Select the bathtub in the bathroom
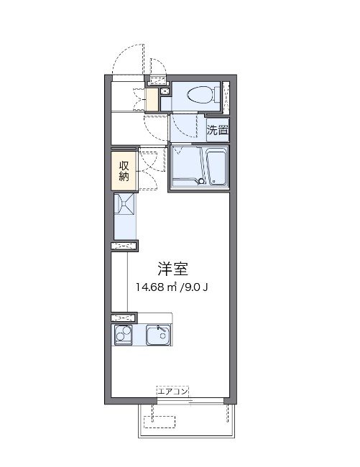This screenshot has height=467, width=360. [x=216, y=167]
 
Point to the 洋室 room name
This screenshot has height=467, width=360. [x=172, y=269]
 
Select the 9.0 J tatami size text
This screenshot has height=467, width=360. [x=196, y=289]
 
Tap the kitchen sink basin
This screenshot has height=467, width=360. [x=157, y=336]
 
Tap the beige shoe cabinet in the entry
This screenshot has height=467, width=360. [x=152, y=100]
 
